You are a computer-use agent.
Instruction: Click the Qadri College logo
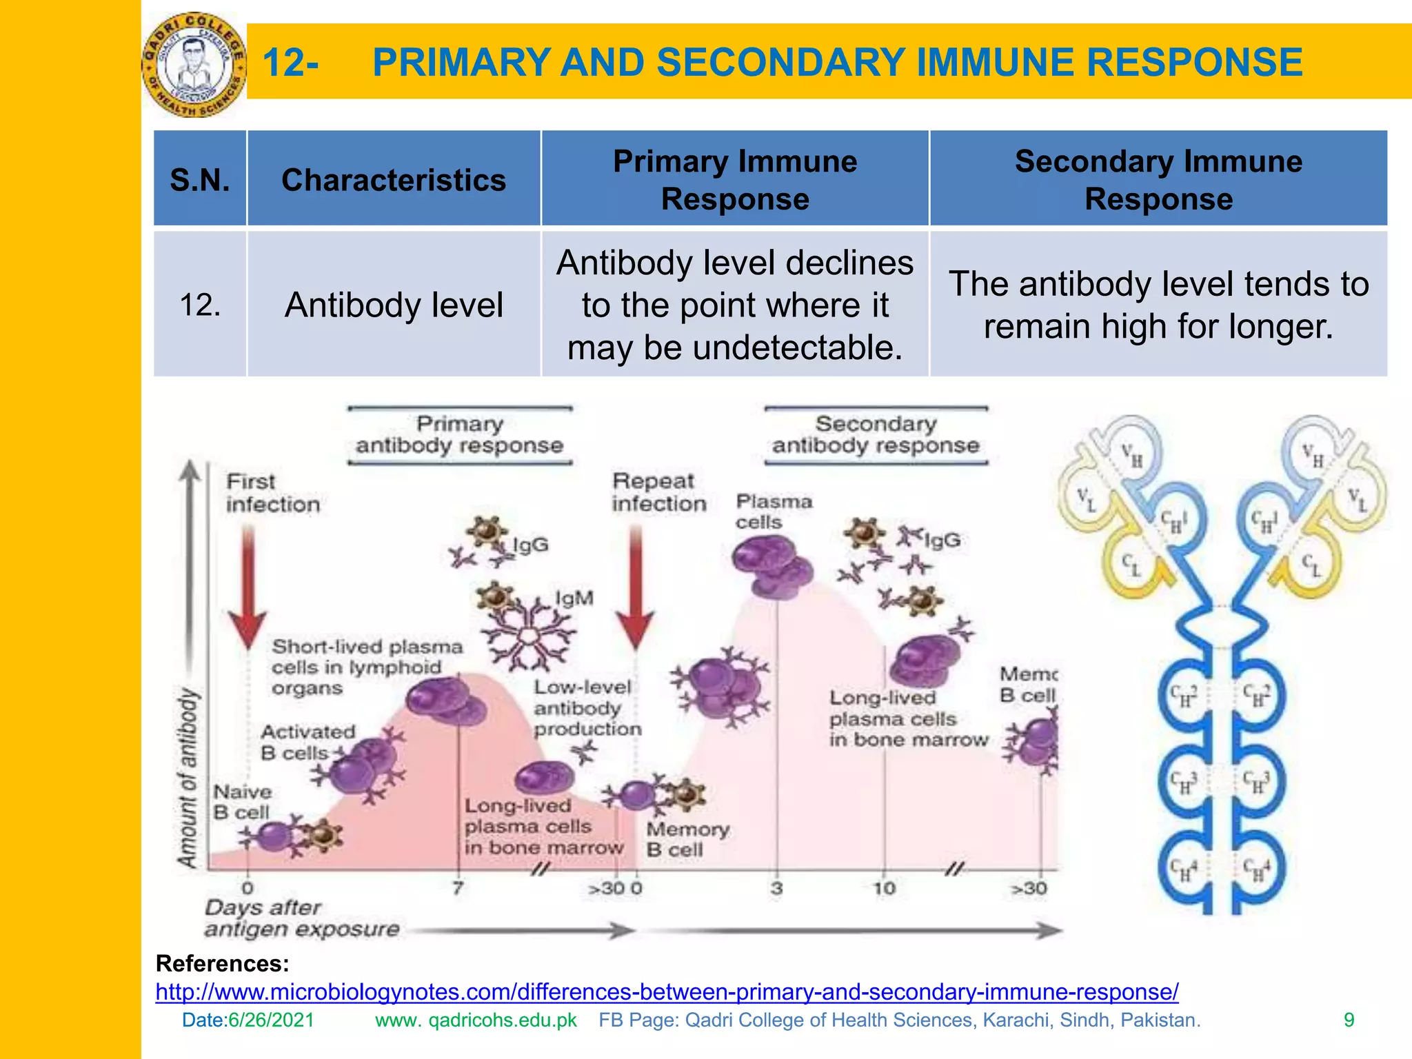point(194,65)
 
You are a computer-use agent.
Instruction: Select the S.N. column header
point(200,180)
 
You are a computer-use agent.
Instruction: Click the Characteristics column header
point(394,180)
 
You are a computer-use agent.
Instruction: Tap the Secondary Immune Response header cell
point(1158,180)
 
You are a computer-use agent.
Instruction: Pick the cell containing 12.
point(200,305)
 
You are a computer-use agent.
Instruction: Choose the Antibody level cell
point(394,305)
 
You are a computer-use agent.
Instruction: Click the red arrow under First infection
point(248,586)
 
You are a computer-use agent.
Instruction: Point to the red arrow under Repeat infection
point(636,586)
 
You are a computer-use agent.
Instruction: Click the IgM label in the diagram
point(574,598)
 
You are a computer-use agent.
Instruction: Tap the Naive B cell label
point(242,802)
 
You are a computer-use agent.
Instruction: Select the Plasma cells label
point(774,511)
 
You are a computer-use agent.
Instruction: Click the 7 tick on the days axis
point(458,888)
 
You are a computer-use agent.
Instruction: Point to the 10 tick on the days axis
point(884,888)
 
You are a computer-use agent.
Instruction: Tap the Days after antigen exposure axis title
point(301,918)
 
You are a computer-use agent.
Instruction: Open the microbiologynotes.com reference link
point(667,991)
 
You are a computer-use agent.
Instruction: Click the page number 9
point(1349,1020)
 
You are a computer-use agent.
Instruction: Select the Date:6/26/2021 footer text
point(248,1020)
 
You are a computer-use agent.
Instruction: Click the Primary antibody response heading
point(459,434)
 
